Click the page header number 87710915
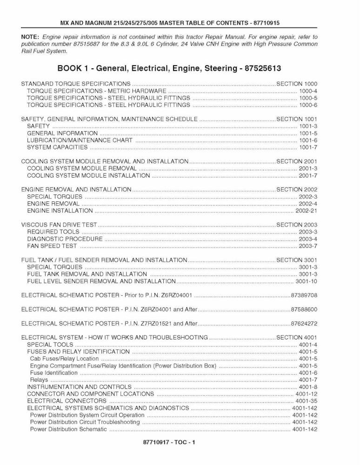click(x=267, y=22)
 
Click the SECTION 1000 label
click(x=297, y=84)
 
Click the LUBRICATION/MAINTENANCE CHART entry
click(x=80, y=140)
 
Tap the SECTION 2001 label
click(x=297, y=161)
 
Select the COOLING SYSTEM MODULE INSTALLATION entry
click(x=88, y=176)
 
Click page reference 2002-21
click(x=306, y=211)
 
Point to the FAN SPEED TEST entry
click(x=52, y=246)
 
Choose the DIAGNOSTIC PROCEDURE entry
click(x=65, y=239)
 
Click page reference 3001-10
click(x=306, y=281)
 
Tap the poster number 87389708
click(x=304, y=295)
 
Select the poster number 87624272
click(x=304, y=323)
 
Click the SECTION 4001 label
click(x=297, y=337)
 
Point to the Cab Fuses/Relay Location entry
click(x=64, y=359)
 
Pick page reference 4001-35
click(x=306, y=400)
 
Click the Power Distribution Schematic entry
click(x=68, y=429)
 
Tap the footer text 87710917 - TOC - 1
click(x=169, y=443)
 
